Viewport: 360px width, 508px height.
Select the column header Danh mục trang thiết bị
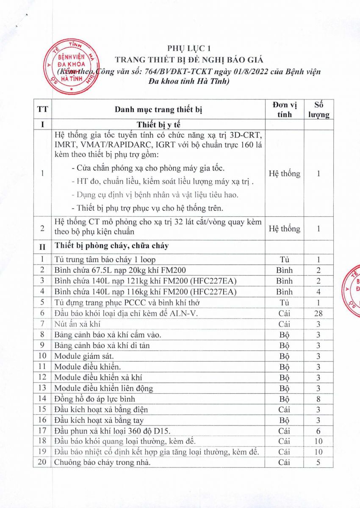158,110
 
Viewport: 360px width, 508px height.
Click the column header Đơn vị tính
285,110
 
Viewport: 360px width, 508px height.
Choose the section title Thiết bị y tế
158,124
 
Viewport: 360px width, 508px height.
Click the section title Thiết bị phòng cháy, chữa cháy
113,245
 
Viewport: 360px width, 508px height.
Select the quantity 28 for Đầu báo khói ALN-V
318,313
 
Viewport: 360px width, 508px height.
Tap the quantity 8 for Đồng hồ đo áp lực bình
318,399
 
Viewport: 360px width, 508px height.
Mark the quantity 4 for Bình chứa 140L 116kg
318,292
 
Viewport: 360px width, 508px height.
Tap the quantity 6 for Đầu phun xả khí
318,431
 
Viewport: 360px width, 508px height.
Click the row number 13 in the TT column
42,388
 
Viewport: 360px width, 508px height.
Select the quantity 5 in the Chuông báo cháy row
318,463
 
